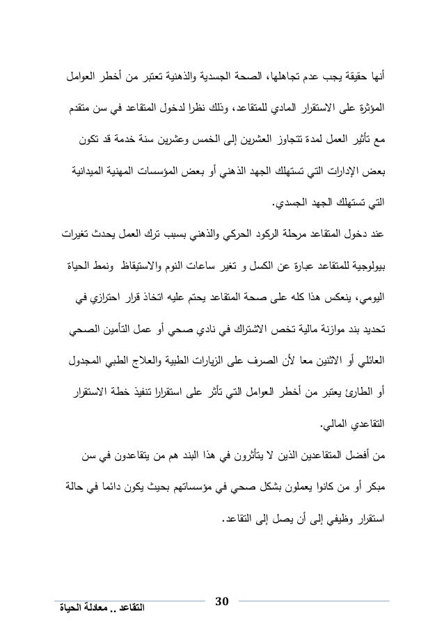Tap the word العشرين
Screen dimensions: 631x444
(219, 148)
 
